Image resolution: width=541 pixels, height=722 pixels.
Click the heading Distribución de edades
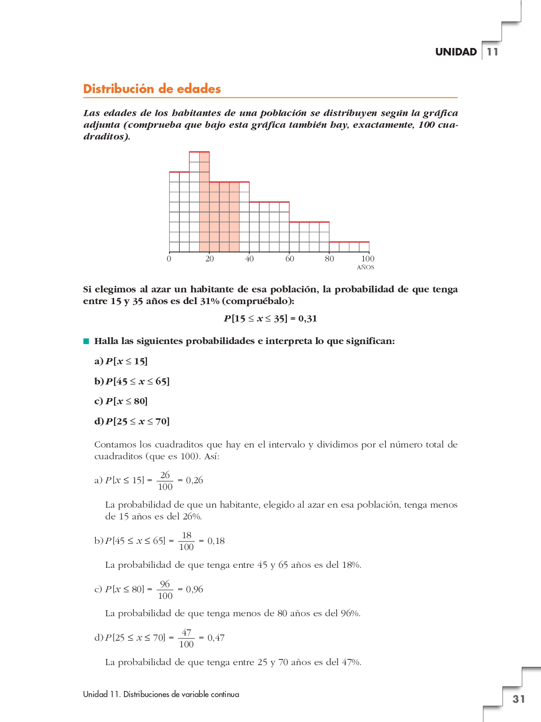click(152, 89)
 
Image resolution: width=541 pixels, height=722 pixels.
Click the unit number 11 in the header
click(492, 52)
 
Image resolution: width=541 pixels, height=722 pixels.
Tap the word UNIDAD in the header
click(456, 52)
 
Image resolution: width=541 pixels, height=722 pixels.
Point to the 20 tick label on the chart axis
click(209, 259)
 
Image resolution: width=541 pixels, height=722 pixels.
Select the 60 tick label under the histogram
click(290, 259)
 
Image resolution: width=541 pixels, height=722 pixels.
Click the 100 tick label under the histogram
click(368, 259)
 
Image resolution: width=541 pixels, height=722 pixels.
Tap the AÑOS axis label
click(365, 267)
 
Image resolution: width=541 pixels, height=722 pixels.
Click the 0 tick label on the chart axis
click(169, 259)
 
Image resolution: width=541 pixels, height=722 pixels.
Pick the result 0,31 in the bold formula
click(308, 319)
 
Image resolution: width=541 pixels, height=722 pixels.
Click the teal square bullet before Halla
click(86, 341)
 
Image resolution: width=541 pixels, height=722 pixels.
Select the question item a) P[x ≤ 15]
click(121, 361)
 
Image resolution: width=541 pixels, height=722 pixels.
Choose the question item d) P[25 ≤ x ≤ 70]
click(132, 421)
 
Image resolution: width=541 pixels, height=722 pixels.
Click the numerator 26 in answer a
click(165, 475)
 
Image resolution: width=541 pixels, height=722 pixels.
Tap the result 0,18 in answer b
click(216, 541)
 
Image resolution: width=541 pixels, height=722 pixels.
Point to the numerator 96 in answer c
click(165, 584)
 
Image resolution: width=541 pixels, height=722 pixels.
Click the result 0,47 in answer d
click(216, 638)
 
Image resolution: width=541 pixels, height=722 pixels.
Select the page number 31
click(518, 699)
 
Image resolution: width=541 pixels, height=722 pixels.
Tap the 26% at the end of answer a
click(192, 517)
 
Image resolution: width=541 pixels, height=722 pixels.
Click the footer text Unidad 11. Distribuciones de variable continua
click(161, 694)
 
